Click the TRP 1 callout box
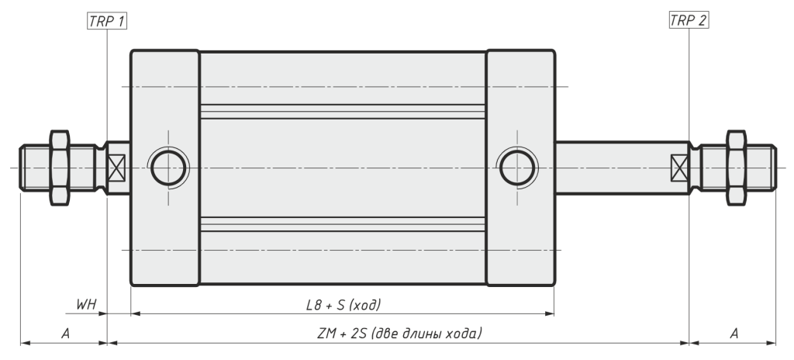pos(107,21)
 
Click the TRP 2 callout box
pos(689,20)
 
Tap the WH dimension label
pos(85,304)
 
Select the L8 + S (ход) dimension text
pos(343,305)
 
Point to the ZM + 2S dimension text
pos(399,333)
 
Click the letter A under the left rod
pos(65,333)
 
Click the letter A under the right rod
pos(734,333)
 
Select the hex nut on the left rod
pos(60,168)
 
